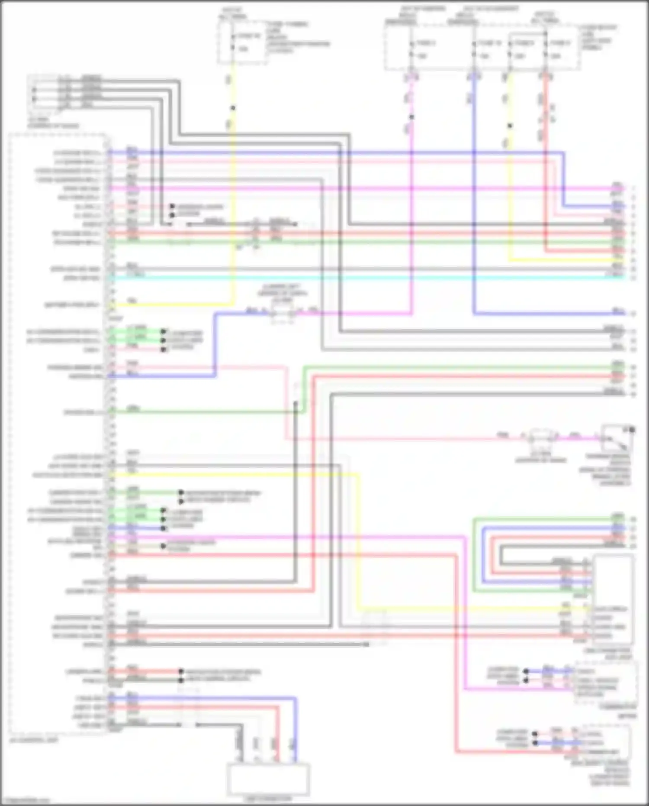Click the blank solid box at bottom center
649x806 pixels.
pyautogui.click(x=268, y=779)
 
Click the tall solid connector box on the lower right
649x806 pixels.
pyautogui.click(x=614, y=598)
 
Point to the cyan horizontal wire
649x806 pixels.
pyautogui.click(x=368, y=277)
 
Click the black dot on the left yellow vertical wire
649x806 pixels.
pyautogui.click(x=233, y=108)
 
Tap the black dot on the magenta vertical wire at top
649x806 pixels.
pyautogui.click(x=411, y=117)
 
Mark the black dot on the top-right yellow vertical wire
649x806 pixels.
pyautogui.click(x=510, y=126)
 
